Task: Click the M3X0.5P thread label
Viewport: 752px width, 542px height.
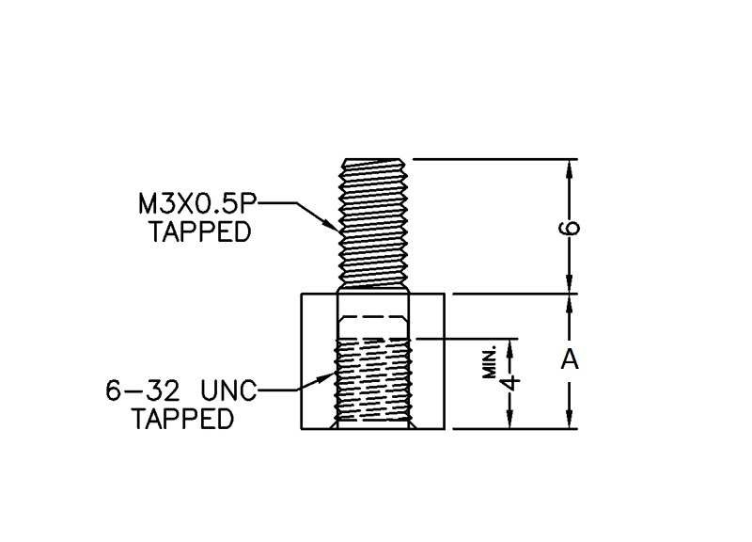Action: pos(196,203)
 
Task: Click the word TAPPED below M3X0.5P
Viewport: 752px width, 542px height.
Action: pos(200,231)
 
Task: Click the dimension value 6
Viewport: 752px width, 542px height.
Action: pos(571,227)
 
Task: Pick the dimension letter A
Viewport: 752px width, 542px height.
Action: pos(569,360)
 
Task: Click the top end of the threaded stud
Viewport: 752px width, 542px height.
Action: pos(373,161)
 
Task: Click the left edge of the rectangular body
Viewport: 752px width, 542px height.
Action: pos(301,361)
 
